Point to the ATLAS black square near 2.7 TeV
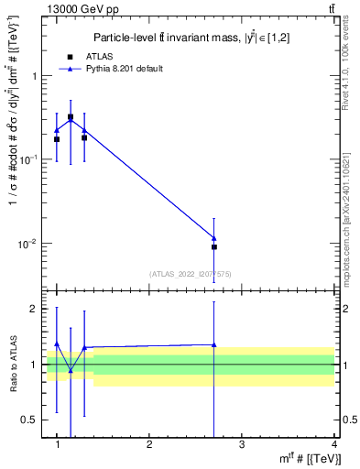tap(214, 246)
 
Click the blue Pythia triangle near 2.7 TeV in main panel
tap(214, 238)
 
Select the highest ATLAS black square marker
tap(71, 117)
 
